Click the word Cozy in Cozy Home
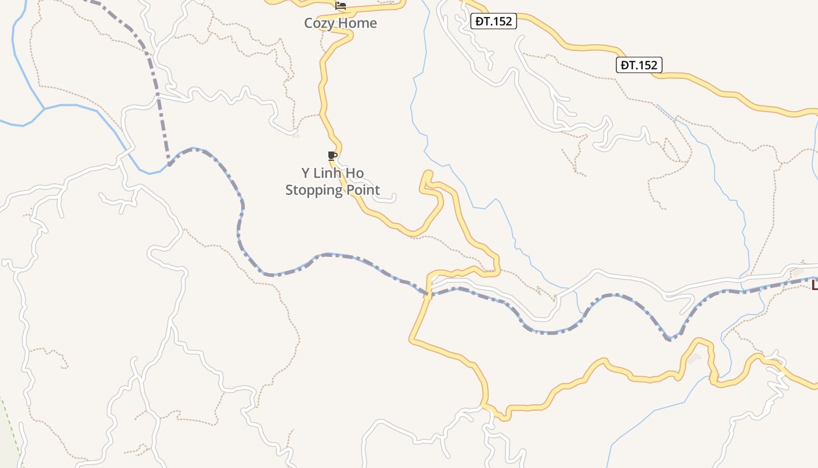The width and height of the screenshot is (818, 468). (320, 23)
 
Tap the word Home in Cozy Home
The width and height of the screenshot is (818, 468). (357, 23)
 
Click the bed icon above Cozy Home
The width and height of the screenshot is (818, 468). (341, 6)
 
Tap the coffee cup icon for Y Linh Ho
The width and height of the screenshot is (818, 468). (332, 156)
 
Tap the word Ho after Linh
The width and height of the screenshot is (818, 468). (356, 173)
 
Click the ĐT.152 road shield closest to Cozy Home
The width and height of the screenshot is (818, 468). (494, 22)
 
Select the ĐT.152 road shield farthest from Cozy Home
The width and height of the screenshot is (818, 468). (639, 65)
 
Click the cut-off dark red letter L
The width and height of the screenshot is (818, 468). (814, 285)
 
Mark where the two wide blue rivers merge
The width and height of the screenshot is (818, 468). (44, 108)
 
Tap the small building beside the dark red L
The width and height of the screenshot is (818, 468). (798, 273)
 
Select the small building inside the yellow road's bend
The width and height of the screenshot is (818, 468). (694, 358)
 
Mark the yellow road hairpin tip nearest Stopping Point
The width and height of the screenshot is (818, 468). (427, 174)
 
